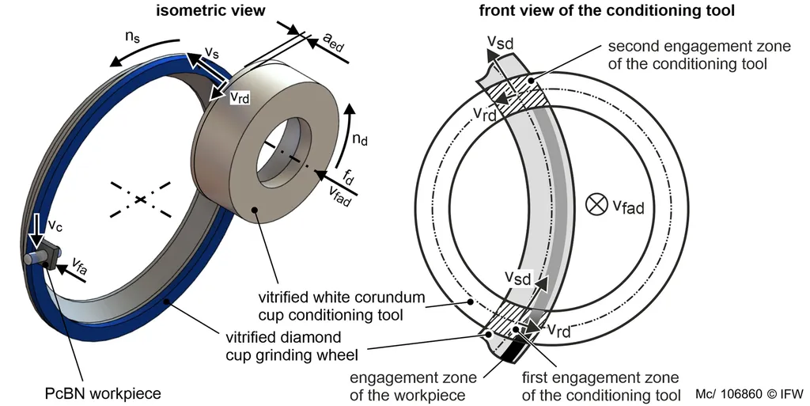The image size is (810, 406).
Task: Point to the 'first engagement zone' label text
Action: (601, 385)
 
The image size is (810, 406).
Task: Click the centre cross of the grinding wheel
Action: (140, 199)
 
